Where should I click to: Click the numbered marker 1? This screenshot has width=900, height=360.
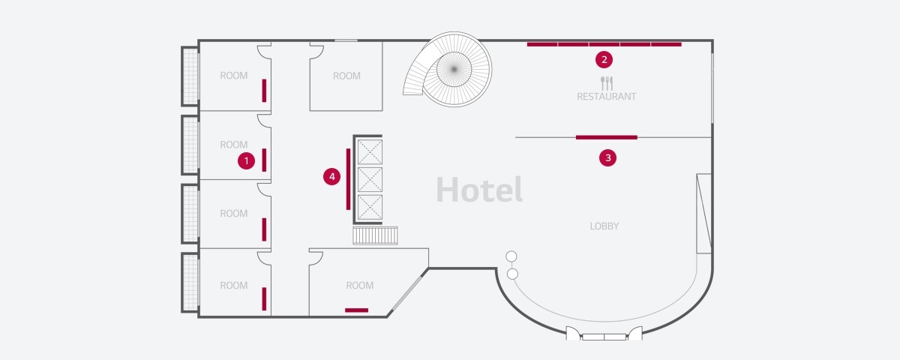(246, 161)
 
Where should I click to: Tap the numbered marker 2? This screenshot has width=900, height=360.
(604, 60)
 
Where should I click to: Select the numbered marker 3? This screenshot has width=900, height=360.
(608, 158)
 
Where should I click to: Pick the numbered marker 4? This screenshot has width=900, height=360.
(331, 176)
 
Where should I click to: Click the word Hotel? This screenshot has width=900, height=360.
(479, 189)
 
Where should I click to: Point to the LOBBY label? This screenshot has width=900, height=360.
(604, 226)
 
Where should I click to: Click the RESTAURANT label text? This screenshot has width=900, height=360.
(606, 97)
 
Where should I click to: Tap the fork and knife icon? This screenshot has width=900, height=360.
(607, 83)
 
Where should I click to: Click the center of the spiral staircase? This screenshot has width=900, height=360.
(454, 69)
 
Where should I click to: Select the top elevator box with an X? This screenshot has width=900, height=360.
(370, 151)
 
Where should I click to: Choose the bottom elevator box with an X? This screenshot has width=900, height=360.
(370, 207)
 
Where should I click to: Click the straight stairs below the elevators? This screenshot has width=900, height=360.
(375, 235)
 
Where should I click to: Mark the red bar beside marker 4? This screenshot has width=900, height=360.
(348, 179)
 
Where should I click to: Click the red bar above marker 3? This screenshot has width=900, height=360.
(606, 137)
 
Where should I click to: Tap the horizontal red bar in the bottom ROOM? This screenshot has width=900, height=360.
(356, 310)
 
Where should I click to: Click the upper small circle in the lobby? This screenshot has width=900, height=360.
(511, 256)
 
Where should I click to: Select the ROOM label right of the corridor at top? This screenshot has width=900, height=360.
(346, 76)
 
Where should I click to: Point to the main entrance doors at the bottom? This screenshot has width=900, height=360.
(604, 334)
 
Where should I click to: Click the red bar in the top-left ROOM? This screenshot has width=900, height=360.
(264, 91)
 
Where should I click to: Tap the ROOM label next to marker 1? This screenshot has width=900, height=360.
(234, 145)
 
